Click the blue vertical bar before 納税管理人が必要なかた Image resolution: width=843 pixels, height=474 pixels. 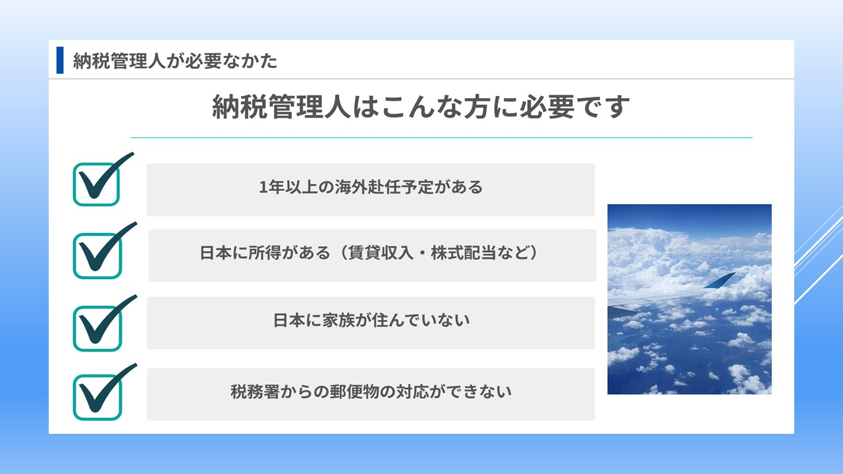(x=60, y=61)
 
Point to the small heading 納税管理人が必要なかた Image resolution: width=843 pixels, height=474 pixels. (x=175, y=61)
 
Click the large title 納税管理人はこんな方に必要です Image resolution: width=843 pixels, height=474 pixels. (x=421, y=107)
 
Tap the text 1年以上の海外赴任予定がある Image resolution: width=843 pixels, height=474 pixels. (x=371, y=188)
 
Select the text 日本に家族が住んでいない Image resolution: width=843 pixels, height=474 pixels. (x=371, y=321)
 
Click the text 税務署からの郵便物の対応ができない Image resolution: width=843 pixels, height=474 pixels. (x=371, y=392)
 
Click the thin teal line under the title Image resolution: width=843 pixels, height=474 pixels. (x=441, y=138)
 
